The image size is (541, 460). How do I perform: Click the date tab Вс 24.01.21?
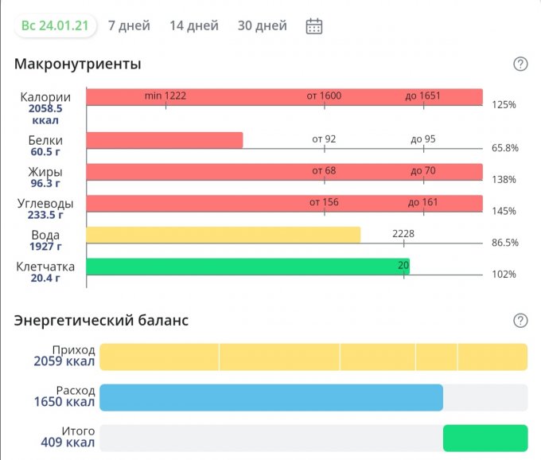point(55,25)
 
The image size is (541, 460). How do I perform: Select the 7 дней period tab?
point(129,25)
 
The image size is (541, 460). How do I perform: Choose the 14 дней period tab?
point(193,25)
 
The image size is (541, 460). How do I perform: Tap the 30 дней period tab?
point(262,25)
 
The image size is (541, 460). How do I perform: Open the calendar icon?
point(314,26)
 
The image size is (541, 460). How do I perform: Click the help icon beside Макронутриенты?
point(520,64)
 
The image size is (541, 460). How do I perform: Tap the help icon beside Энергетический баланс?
point(520,321)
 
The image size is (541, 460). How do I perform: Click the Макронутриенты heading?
point(77,64)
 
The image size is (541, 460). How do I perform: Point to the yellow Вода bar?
point(223,235)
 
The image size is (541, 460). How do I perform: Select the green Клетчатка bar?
point(247,267)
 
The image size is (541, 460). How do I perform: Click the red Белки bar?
point(164,140)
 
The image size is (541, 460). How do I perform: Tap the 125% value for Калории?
point(503,105)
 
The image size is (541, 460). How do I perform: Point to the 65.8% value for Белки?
point(504,148)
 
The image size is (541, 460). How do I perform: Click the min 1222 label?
point(165,96)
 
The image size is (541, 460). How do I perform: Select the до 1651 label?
point(422,96)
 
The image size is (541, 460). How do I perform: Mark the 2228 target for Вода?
point(403,234)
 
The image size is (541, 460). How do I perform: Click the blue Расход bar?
point(270,397)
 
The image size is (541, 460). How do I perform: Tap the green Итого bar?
point(485,438)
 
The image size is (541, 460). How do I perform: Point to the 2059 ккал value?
point(64,362)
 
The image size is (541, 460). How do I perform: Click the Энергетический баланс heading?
point(101,321)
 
